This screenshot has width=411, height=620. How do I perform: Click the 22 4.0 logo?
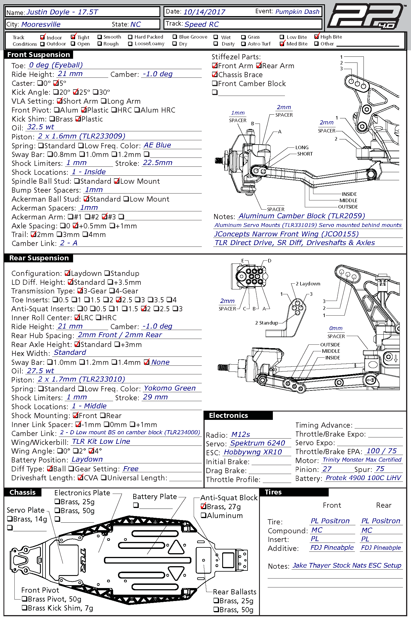(x=366, y=17)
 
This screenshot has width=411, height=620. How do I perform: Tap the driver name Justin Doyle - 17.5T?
(x=62, y=12)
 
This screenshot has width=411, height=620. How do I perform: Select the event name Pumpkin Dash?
(x=297, y=12)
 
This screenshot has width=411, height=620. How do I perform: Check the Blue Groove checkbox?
(x=175, y=37)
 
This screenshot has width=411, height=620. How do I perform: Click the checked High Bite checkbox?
(x=317, y=37)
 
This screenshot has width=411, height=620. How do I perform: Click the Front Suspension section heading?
(x=39, y=55)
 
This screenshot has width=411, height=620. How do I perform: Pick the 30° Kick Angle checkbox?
(x=96, y=92)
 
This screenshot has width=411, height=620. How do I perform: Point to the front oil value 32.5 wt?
(x=40, y=127)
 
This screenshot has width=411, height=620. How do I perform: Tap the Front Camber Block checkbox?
(x=215, y=84)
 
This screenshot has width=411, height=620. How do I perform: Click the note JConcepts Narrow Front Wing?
(x=286, y=234)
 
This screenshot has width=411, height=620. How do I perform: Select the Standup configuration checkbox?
(x=107, y=273)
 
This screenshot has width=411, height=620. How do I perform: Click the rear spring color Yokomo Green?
(x=170, y=388)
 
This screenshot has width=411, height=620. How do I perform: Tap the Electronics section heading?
(x=229, y=416)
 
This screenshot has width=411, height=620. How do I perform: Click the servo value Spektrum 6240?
(x=258, y=443)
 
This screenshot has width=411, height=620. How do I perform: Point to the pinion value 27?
(x=327, y=469)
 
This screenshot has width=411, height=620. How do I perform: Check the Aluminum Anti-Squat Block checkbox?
(x=203, y=515)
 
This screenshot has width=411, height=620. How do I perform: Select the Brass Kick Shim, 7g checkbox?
(x=25, y=608)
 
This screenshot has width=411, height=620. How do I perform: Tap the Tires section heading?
(x=273, y=492)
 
